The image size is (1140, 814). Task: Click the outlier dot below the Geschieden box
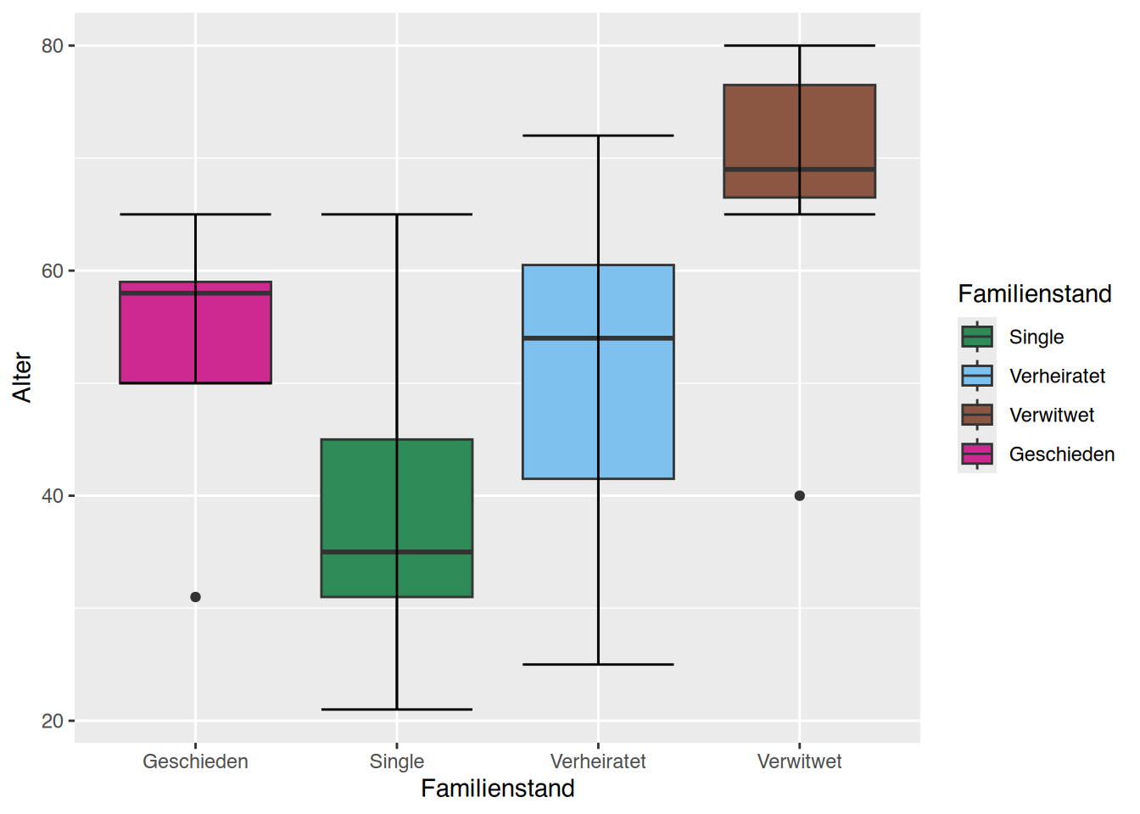(x=195, y=597)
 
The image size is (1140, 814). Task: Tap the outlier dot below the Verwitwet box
(x=799, y=496)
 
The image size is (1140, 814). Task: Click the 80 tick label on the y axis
(x=53, y=46)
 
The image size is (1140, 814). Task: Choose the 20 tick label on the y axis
(x=53, y=721)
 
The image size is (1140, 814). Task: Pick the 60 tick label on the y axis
(x=53, y=271)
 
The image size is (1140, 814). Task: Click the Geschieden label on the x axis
(x=195, y=761)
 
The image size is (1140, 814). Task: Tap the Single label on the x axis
(x=396, y=761)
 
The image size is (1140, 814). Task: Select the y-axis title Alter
(x=22, y=377)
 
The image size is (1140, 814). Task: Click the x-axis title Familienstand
(x=498, y=789)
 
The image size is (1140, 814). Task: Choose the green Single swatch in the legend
(x=977, y=337)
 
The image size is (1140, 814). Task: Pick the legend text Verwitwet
(x=1052, y=415)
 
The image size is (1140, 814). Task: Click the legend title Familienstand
(x=1035, y=294)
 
